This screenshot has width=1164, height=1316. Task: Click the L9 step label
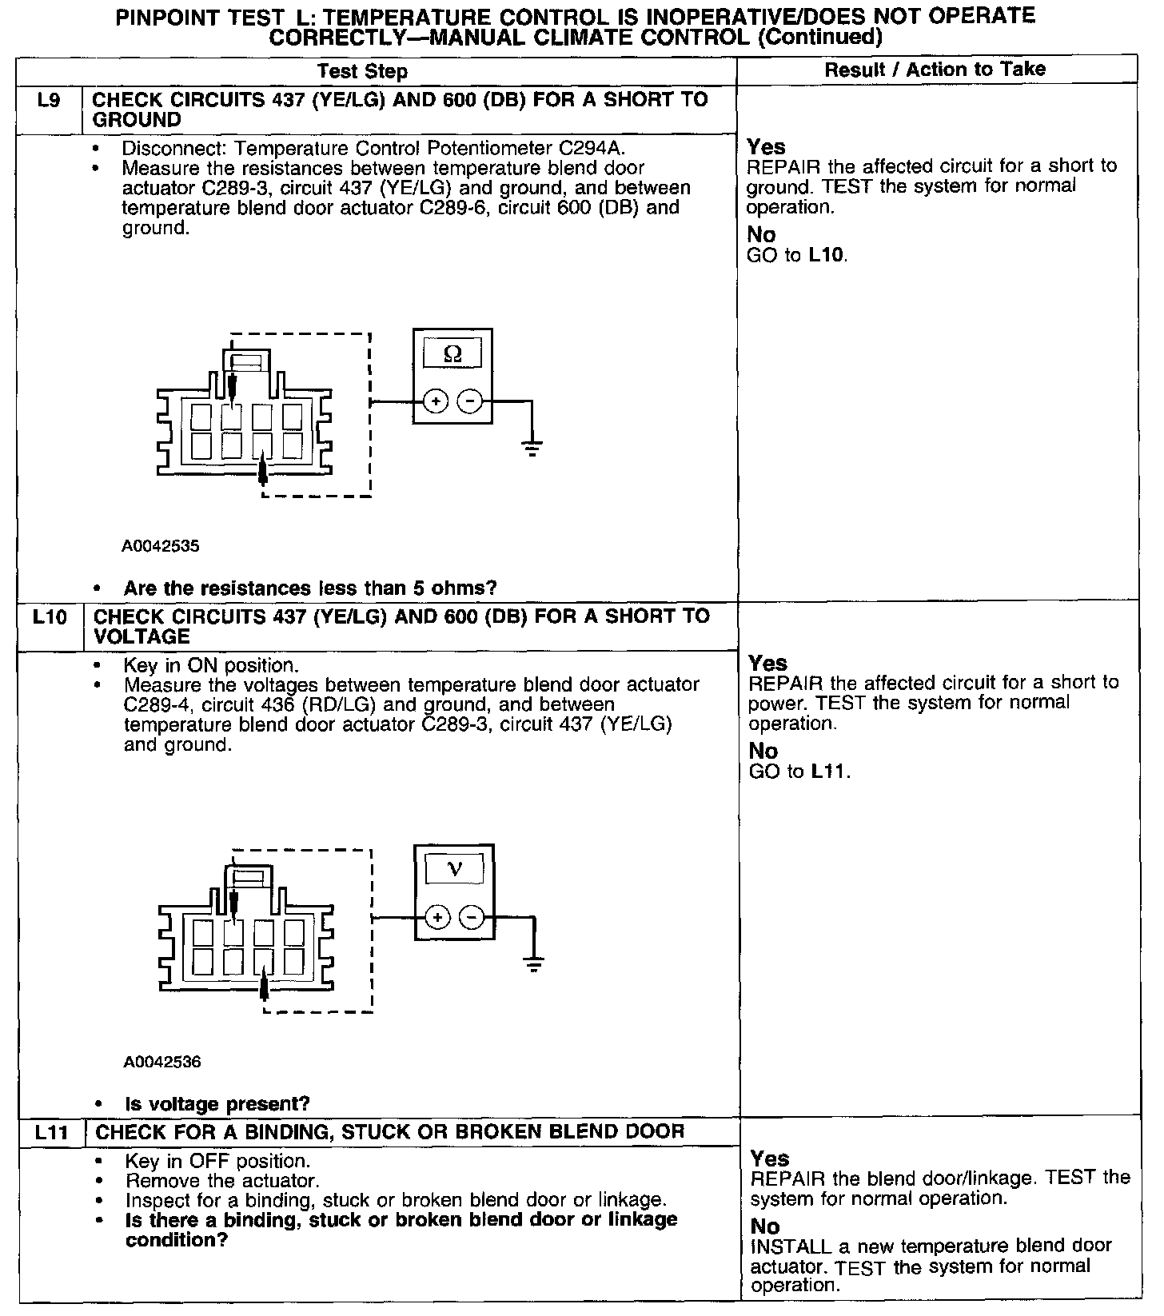(x=50, y=102)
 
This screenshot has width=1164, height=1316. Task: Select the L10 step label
(x=50, y=617)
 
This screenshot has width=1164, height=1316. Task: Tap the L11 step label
(x=51, y=1132)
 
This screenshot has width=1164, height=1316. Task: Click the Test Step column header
(x=362, y=71)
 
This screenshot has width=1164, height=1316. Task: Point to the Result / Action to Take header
(x=935, y=70)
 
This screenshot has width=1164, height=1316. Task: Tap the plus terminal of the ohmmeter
(x=435, y=401)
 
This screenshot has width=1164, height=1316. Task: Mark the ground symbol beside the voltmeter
(x=534, y=963)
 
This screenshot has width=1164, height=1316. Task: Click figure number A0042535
(x=161, y=547)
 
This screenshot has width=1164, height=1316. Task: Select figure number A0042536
(x=162, y=1063)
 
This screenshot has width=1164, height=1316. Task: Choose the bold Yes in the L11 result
(x=770, y=1158)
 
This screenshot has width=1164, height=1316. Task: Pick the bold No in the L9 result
(x=761, y=235)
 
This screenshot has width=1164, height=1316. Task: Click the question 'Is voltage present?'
(x=217, y=1104)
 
